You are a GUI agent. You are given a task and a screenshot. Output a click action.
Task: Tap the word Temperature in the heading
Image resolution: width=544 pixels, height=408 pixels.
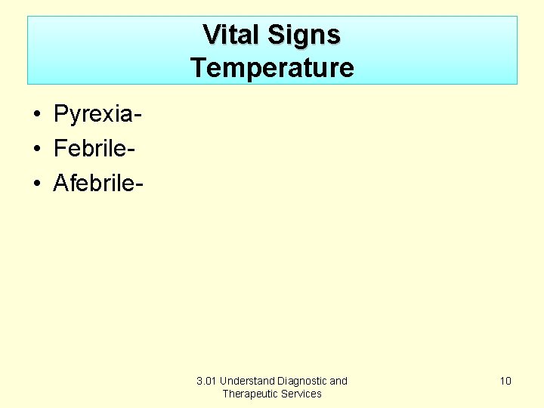click(272, 68)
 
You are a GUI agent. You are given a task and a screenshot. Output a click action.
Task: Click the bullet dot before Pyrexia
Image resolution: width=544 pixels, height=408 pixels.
click(36, 115)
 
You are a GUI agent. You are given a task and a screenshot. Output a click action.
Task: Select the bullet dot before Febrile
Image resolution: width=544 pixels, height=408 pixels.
click(36, 149)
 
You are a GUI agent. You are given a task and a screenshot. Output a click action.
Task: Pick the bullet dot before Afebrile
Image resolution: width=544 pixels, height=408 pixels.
click(36, 183)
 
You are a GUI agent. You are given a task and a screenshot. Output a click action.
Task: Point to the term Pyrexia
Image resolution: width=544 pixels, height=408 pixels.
click(94, 115)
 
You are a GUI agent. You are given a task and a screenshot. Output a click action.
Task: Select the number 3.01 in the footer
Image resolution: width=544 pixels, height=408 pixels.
click(206, 381)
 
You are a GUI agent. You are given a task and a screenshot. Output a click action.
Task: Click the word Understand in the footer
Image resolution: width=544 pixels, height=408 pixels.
click(247, 381)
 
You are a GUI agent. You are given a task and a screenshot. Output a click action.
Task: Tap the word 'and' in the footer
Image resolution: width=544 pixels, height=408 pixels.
click(338, 381)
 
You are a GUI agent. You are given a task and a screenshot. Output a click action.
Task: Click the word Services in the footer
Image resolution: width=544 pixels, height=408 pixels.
click(302, 394)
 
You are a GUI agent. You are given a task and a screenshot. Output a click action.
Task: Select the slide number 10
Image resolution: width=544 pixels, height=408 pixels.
click(505, 381)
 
